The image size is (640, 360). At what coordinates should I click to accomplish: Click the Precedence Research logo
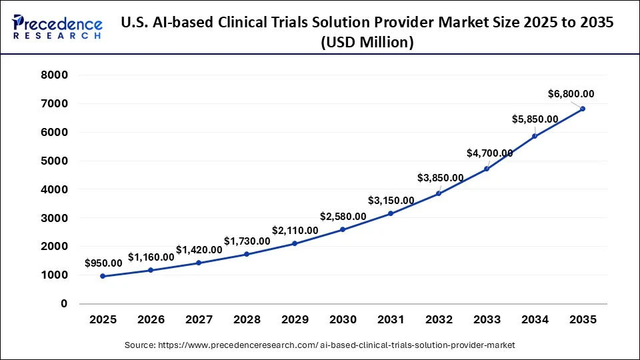[x=57, y=28]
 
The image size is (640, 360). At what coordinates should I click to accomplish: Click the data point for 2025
[x=103, y=276]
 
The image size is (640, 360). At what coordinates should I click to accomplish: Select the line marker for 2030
[x=343, y=229]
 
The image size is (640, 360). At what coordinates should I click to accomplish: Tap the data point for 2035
[x=583, y=109]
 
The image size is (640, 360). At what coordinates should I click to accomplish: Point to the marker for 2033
[x=487, y=169]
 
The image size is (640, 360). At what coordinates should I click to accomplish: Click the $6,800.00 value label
[x=571, y=94]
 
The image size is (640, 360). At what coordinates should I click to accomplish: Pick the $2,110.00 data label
[x=295, y=230]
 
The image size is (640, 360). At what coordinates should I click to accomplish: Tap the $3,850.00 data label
[x=440, y=178]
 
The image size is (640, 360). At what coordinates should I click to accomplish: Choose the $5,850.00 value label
[x=535, y=119]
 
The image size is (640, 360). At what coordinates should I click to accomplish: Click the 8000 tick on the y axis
[x=55, y=75]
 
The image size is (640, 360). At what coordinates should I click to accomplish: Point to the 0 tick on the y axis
[x=64, y=304]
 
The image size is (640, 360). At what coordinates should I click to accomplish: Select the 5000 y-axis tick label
[x=55, y=161]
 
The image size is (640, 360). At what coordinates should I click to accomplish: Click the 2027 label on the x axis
[x=199, y=320]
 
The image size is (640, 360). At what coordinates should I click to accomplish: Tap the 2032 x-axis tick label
[x=439, y=320]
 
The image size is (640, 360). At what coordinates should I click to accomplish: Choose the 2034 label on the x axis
[x=535, y=320]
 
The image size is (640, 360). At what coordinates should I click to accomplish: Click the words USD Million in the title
[x=367, y=42]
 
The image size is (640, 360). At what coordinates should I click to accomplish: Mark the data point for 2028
[x=247, y=254]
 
